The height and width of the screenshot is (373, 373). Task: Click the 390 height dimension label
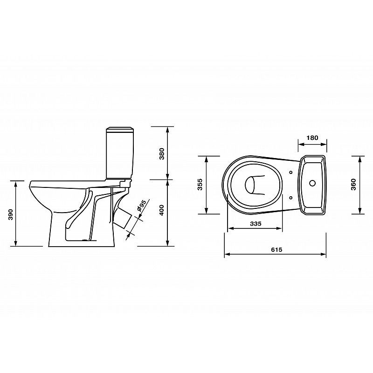point(11,214)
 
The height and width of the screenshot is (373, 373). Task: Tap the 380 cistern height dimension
point(162,154)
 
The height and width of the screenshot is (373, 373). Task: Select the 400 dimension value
point(162,210)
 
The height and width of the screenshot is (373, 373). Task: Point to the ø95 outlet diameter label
point(142,206)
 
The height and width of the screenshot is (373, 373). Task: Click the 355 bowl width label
point(200,184)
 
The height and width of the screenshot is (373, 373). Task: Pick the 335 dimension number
point(256,224)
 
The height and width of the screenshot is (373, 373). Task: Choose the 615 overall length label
point(276,249)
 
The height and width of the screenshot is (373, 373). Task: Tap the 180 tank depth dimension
point(312,138)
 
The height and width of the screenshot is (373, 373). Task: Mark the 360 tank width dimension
point(354,184)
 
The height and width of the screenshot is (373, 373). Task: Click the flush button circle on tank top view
point(312,183)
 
